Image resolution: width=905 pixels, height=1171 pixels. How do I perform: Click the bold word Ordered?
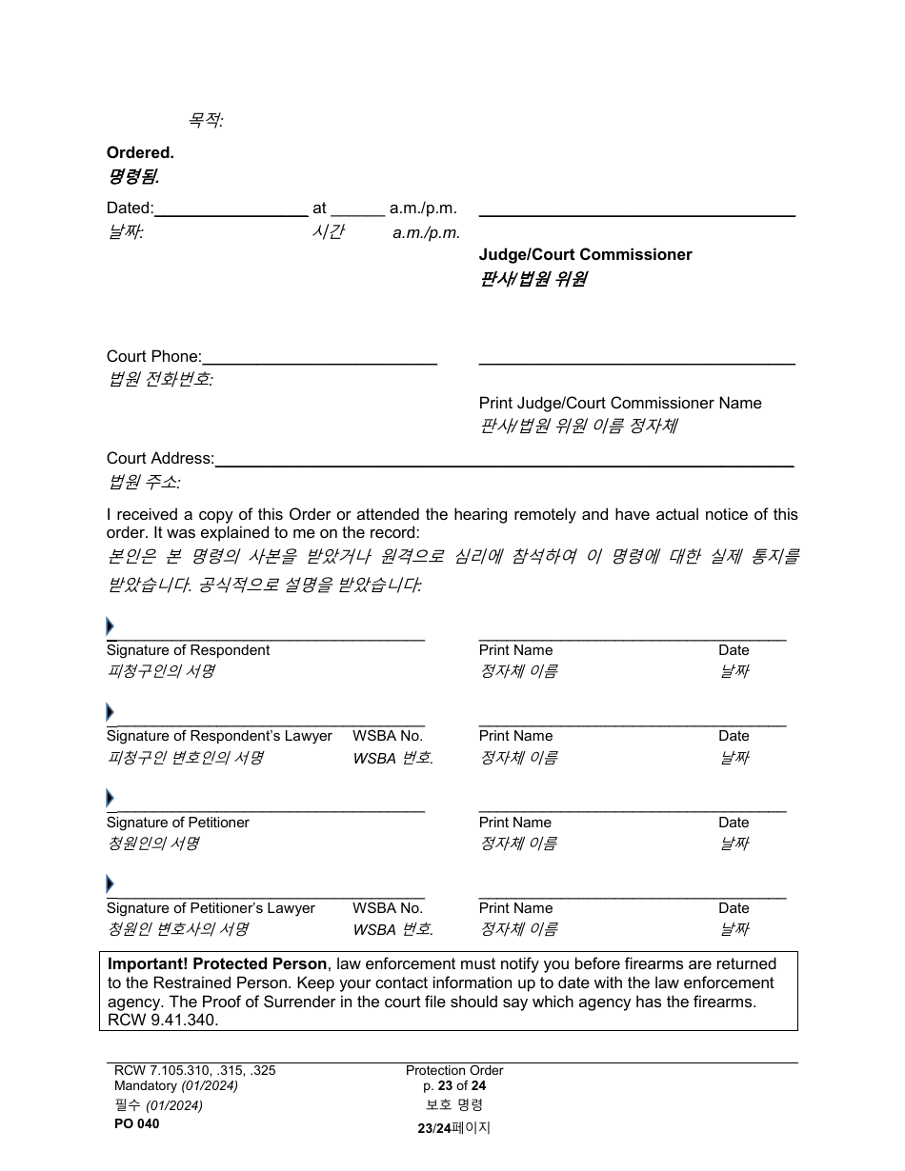pos(140,152)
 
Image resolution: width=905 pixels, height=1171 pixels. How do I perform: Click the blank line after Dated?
pos(231,209)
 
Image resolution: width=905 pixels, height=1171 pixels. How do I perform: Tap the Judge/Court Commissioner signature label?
pos(585,254)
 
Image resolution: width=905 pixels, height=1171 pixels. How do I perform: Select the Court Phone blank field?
pos(319,357)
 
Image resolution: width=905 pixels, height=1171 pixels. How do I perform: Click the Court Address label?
pos(160,458)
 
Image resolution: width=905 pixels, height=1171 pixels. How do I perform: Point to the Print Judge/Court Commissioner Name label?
pos(619,403)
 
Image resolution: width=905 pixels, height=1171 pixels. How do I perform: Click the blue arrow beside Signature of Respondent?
pos(110,626)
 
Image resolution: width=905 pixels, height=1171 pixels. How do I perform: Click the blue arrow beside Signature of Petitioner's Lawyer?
pos(110,884)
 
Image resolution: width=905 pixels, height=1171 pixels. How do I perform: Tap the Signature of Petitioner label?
pos(177,822)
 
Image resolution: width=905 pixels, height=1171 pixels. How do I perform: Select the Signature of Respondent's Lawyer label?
pos(219,736)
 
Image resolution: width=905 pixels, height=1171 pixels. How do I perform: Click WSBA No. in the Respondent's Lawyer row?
pos(387,736)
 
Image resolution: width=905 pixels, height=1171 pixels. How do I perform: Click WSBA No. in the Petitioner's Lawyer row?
pos(387,908)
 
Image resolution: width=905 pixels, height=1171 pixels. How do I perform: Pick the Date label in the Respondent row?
pos(734,650)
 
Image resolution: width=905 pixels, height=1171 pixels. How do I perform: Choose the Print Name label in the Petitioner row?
pos(515,822)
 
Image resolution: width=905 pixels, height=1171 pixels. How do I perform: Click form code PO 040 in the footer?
pos(136,1123)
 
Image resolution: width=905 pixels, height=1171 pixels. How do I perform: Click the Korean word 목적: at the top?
pos(205,121)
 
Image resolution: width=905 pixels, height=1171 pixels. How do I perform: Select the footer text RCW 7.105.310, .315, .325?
pos(194,1070)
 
